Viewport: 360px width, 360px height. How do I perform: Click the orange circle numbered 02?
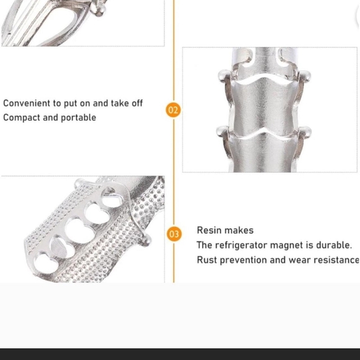173,110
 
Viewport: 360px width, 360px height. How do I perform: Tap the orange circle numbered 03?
174,234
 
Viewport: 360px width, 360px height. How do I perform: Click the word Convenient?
27,103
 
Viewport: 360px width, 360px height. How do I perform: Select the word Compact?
22,118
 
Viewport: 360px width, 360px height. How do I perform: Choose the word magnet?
287,245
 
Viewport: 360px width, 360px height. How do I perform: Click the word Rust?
207,260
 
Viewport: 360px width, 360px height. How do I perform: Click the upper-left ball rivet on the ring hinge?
223,76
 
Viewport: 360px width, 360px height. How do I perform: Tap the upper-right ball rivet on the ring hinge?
305,76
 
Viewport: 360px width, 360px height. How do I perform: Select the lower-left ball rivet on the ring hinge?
222,132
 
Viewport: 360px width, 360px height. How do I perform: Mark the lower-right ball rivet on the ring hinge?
305,132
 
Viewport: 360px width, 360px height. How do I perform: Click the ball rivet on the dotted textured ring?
146,240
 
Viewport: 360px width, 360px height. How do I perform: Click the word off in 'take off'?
137,103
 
